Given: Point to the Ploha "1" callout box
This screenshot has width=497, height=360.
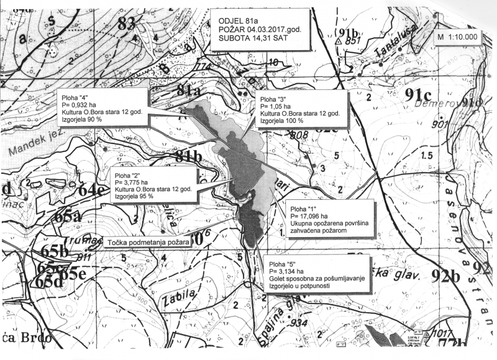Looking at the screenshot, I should coord(329,218).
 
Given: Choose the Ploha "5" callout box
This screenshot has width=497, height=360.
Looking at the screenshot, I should coord(317,273).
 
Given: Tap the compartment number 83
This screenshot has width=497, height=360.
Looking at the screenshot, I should coord(125,24).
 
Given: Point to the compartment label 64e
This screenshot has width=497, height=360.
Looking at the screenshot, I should coord(91,191).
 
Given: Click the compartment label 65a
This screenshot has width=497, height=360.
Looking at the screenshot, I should coord(66,217).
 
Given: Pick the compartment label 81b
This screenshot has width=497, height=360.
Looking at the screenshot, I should coord(188,156).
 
